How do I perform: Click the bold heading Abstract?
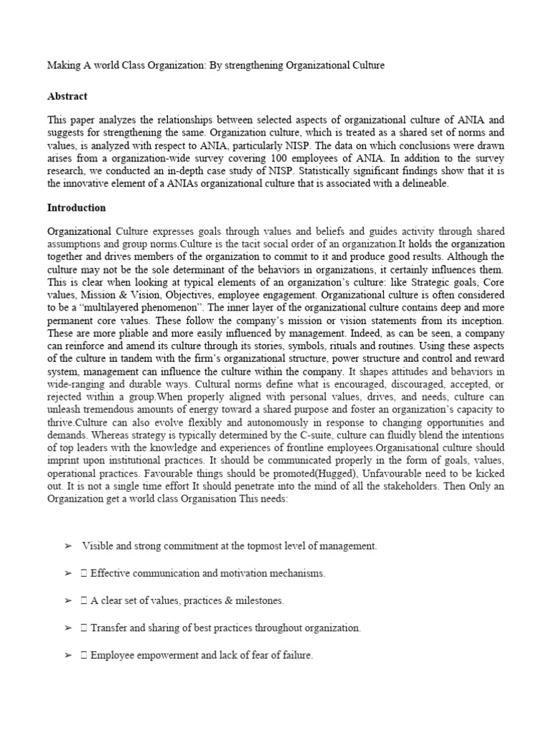[x=66, y=96]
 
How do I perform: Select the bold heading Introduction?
[x=76, y=208]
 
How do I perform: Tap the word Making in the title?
[x=63, y=65]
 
